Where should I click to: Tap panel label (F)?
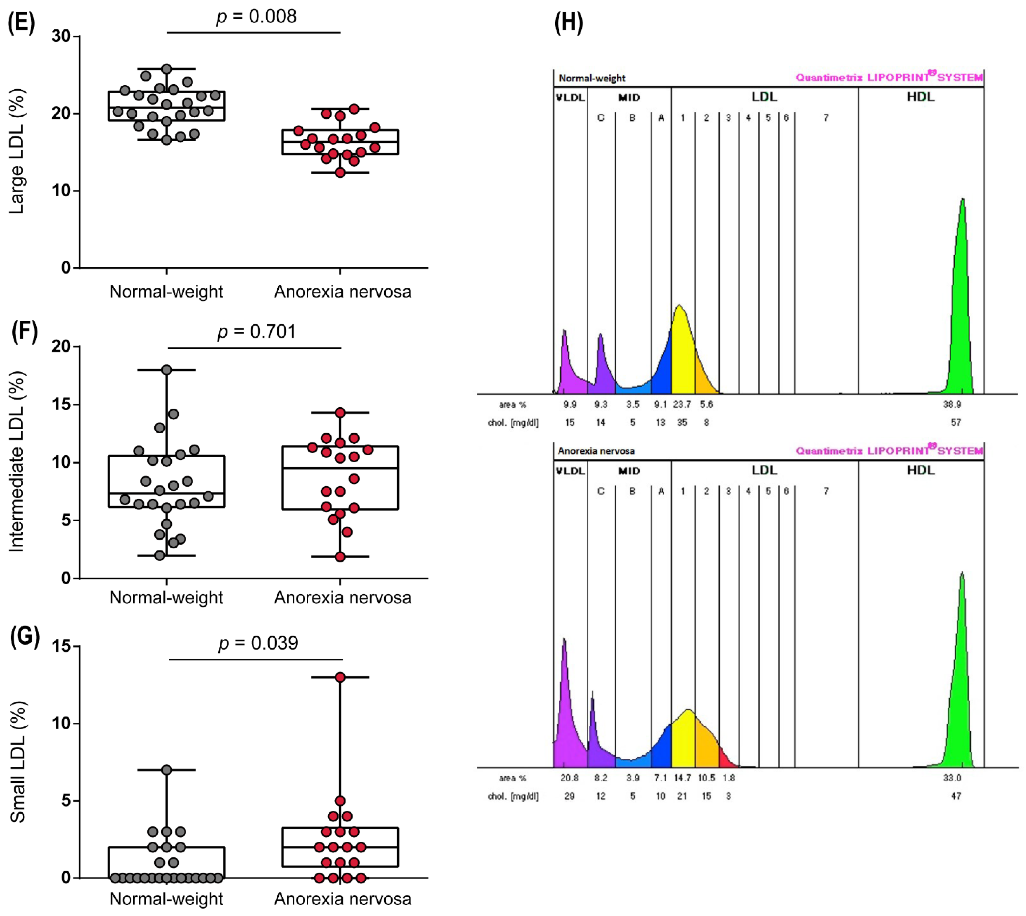tap(24, 332)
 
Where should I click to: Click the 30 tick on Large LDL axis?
tap(61, 36)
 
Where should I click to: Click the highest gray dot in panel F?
tap(167, 370)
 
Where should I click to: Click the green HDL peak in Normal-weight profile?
tap(961, 302)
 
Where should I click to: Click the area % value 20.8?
tap(569, 778)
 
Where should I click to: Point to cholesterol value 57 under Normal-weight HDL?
tap(956, 423)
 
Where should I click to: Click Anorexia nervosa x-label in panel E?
tap(343, 292)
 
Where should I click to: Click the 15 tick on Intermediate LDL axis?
tap(61, 405)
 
